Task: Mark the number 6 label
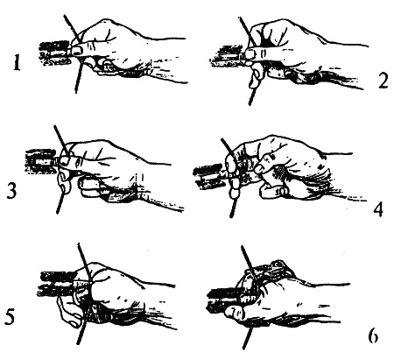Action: click(372, 336)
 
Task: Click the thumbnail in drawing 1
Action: click(77, 50)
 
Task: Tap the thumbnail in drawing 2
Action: click(250, 53)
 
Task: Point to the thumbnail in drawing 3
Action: click(66, 160)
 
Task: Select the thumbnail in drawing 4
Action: click(260, 167)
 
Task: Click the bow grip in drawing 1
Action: click(55, 53)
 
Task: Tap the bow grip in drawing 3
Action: click(41, 161)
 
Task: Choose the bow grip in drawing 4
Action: click(209, 178)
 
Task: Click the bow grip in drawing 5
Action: click(59, 284)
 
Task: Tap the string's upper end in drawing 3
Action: click(54, 126)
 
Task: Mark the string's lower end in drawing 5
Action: click(79, 343)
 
